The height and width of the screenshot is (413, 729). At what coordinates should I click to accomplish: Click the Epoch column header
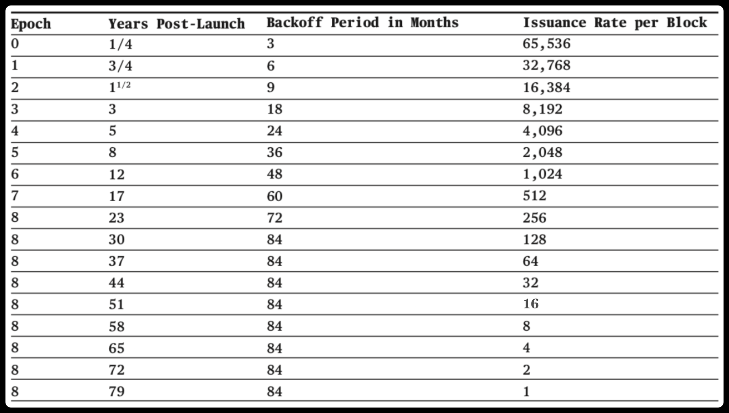click(x=31, y=24)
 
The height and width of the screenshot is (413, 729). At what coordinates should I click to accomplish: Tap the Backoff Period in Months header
click(x=362, y=23)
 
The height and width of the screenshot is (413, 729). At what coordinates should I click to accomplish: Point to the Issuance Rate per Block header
click(x=615, y=23)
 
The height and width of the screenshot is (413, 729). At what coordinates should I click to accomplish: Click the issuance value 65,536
click(x=546, y=44)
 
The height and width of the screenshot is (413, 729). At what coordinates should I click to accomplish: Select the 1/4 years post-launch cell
click(x=120, y=44)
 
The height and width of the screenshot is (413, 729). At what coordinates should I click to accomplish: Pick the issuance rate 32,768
click(x=546, y=66)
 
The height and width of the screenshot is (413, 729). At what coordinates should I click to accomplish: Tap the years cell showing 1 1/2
click(x=120, y=87)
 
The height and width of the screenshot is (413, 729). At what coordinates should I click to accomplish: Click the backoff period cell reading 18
click(x=274, y=109)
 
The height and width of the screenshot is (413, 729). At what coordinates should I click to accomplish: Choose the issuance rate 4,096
click(x=542, y=130)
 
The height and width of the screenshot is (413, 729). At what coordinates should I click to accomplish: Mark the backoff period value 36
click(x=274, y=152)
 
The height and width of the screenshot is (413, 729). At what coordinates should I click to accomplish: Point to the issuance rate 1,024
click(x=542, y=174)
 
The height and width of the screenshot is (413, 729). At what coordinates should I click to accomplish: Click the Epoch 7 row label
click(x=15, y=196)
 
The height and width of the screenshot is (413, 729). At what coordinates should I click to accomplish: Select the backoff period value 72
click(x=274, y=218)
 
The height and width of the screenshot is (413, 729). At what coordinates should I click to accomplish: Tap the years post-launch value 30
click(x=117, y=239)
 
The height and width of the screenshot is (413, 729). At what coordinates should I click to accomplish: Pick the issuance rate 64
click(x=530, y=261)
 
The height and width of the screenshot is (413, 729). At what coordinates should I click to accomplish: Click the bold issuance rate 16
click(x=531, y=304)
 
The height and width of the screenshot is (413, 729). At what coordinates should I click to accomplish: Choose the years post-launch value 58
click(x=117, y=326)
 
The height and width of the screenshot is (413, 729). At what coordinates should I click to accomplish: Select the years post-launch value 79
click(x=117, y=391)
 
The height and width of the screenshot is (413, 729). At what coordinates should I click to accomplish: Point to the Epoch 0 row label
click(x=15, y=44)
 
